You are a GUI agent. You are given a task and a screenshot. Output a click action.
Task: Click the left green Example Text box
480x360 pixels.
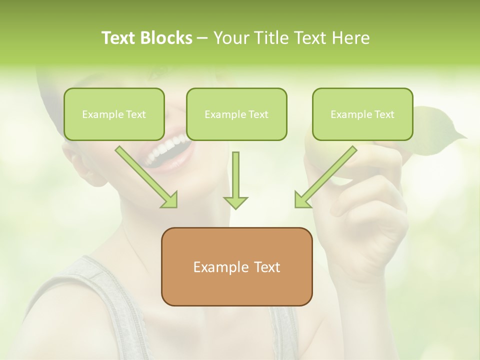pos(114,114)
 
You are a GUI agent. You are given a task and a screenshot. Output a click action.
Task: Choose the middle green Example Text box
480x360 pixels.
pos(236,114)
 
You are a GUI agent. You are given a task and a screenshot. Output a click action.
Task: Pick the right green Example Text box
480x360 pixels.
pos(362,114)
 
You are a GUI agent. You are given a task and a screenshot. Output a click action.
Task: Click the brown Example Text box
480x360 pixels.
pos(236,266)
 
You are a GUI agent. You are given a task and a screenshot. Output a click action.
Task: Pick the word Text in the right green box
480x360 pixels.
pos(384,114)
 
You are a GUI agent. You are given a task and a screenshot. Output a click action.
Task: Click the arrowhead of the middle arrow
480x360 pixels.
pos(235,201)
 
